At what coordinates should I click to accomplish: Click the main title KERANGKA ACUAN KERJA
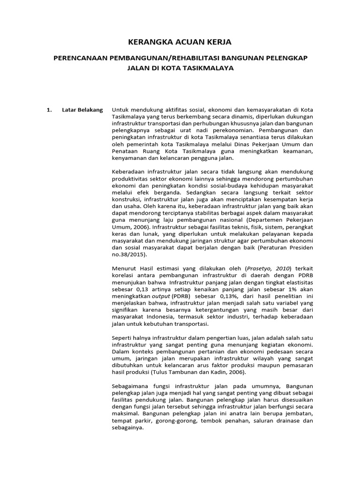180,42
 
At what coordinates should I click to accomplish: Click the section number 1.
48,110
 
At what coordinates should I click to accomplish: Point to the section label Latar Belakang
82,110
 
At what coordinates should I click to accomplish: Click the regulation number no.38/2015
129,255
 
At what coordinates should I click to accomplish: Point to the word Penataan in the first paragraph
126,152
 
